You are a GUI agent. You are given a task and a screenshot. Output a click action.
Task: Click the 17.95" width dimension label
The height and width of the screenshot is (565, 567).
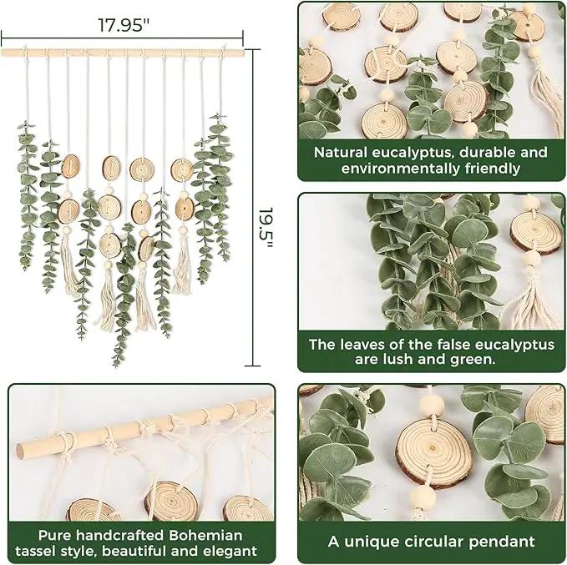(124, 25)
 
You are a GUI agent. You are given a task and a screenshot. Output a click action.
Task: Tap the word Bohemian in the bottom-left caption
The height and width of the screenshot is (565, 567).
(205, 535)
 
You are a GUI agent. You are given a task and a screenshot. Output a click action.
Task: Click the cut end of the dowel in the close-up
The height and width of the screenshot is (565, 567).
(21, 451)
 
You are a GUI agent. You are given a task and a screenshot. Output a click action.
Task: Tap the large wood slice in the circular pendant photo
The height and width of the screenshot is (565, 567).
(434, 451)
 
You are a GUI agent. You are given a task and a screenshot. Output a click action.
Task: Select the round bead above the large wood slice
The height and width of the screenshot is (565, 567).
(432, 405)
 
